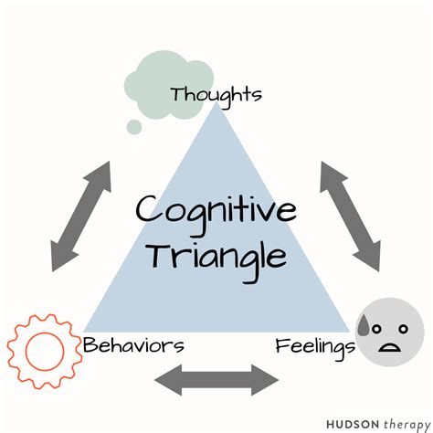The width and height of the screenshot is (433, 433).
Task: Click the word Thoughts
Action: tap(216, 93)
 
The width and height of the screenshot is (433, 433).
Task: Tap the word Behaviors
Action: tap(133, 346)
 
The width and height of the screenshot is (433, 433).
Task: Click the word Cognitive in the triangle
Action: tap(216, 212)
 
